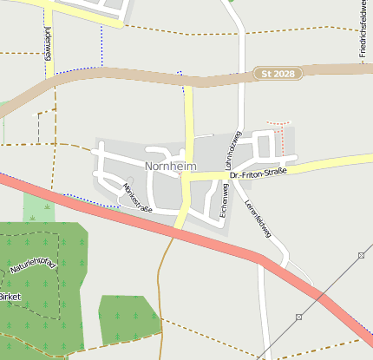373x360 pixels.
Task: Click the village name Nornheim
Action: pyautogui.click(x=171, y=166)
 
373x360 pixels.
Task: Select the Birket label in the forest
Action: pyautogui.click(x=10, y=297)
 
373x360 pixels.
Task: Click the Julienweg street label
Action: pyautogui.click(x=47, y=43)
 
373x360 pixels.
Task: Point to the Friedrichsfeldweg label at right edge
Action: pyautogui.click(x=362, y=35)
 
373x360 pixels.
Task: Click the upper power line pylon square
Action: pyautogui.click(x=360, y=255)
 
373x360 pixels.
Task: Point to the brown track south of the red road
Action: pyautogui.click(x=160, y=278)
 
